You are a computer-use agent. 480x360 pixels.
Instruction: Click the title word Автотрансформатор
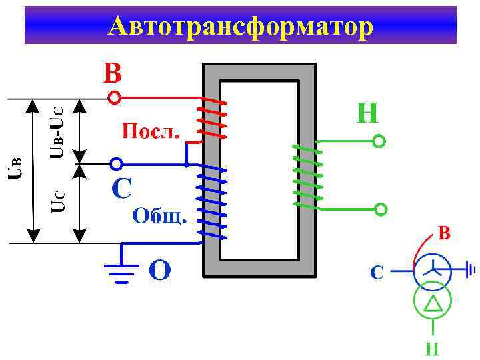[x=240, y=26]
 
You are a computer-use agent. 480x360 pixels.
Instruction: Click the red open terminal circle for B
[x=115, y=99]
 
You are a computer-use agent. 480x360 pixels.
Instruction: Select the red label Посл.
[x=150, y=130]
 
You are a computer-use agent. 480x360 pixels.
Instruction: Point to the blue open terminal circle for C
[x=116, y=163]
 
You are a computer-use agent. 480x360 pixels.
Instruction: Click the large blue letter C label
[x=121, y=189]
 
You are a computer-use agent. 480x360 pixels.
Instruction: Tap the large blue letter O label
[x=159, y=271]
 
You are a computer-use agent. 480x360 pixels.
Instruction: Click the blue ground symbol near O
[x=122, y=269]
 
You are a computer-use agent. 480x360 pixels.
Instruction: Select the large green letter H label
[x=367, y=113]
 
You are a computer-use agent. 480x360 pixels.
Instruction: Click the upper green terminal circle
[x=379, y=141]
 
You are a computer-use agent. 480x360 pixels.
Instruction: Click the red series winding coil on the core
[x=213, y=119]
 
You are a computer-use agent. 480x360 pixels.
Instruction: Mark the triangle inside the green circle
[x=433, y=304]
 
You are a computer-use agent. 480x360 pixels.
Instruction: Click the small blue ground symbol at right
[x=471, y=271]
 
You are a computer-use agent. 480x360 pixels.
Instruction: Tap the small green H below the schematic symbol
[x=433, y=348]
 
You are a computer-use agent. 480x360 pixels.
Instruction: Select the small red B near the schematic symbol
[x=444, y=233]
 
